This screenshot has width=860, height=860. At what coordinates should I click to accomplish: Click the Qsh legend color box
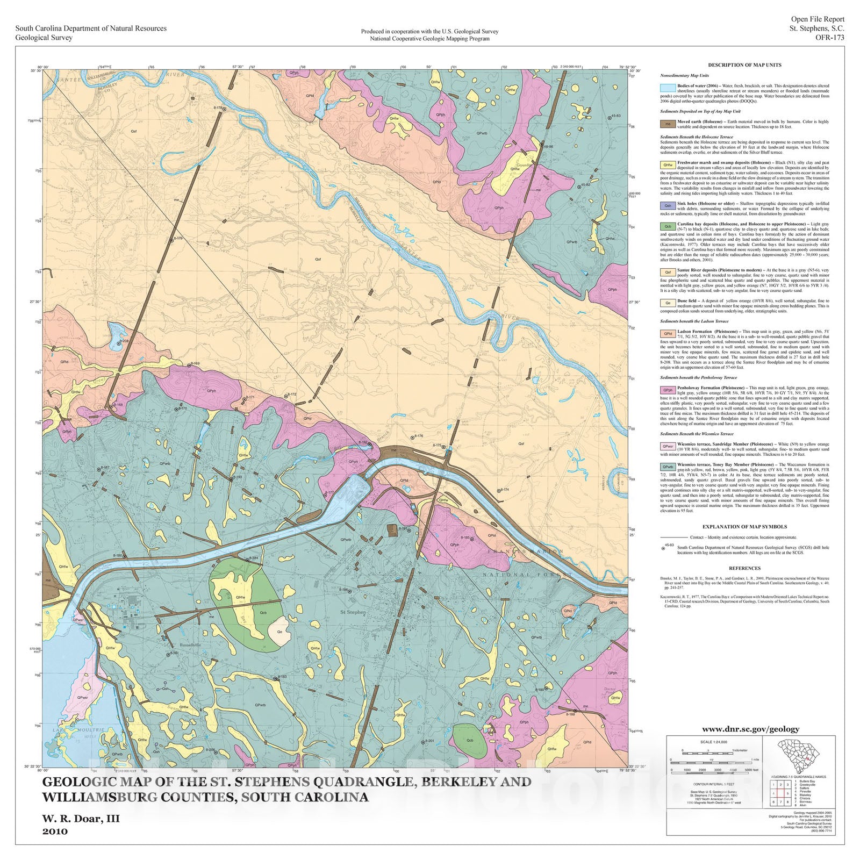(668, 205)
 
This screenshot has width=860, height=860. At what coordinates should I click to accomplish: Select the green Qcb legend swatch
(668, 226)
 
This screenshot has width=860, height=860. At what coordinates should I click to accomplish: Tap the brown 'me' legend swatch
(668, 123)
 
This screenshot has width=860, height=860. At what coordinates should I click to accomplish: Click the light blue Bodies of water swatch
(668, 88)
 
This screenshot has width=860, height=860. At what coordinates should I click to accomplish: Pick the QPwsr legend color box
(668, 446)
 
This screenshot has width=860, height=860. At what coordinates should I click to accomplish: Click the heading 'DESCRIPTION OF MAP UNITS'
(744, 65)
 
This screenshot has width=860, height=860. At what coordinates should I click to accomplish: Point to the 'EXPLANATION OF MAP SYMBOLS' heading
(744, 527)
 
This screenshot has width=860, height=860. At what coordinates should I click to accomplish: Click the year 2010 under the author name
(55, 832)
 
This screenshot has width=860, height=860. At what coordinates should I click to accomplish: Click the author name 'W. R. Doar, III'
(81, 819)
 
